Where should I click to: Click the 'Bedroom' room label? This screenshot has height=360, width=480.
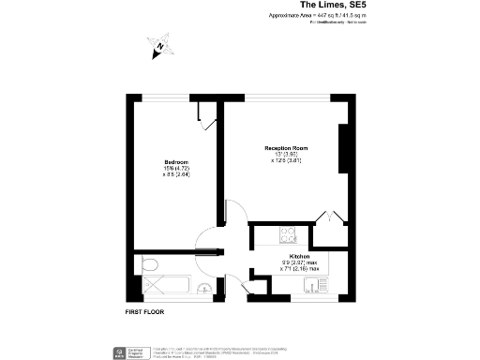pyautogui.click(x=176, y=160)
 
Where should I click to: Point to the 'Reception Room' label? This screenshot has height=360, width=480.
pyautogui.click(x=285, y=149)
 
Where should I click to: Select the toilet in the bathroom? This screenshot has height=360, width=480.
pyautogui.click(x=149, y=267)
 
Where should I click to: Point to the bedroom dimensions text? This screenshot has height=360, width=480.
pyautogui.click(x=176, y=171)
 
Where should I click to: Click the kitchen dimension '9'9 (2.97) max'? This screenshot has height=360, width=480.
pyautogui.click(x=299, y=262)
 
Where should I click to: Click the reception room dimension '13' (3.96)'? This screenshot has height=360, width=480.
pyautogui.click(x=285, y=157)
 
